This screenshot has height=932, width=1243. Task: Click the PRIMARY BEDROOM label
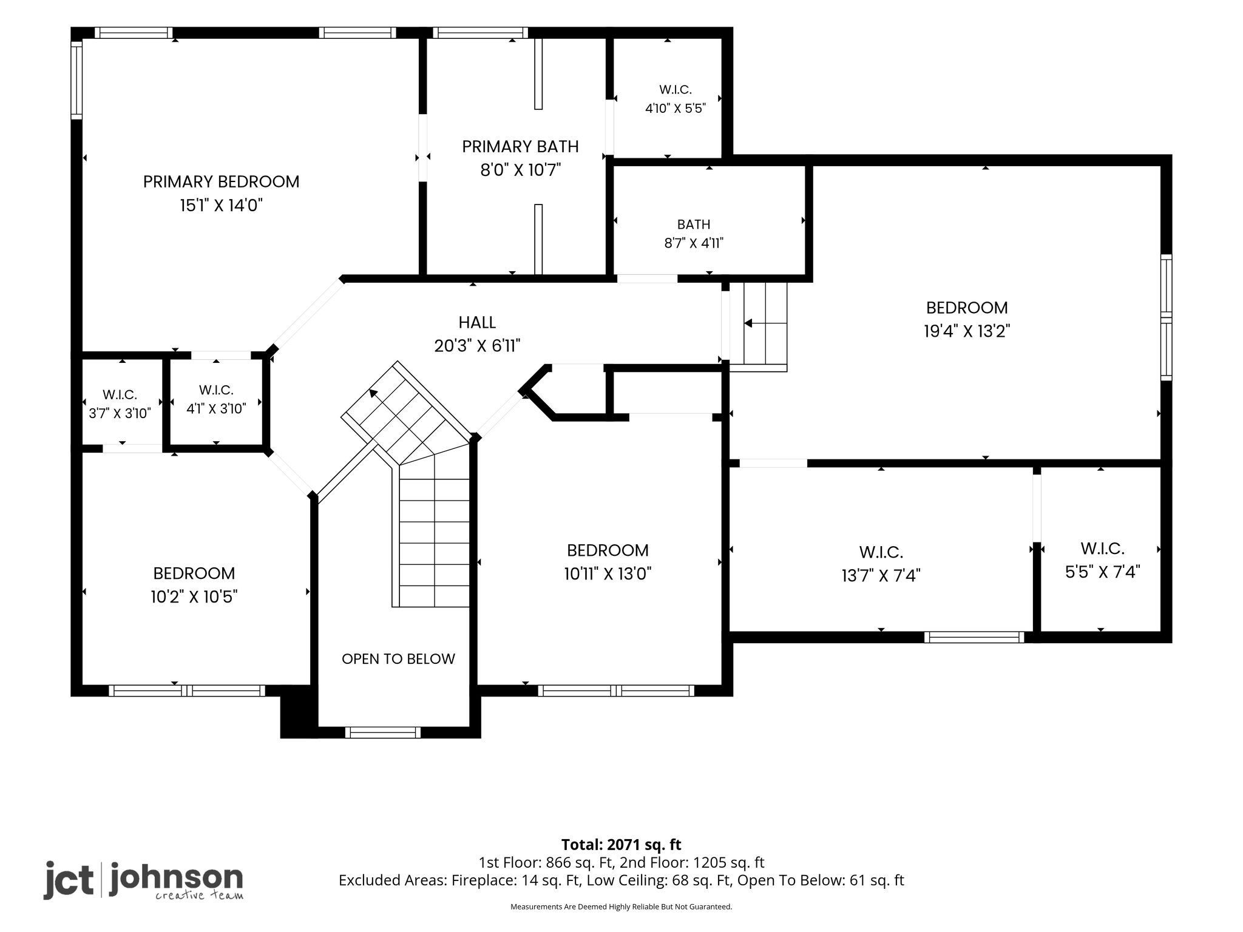click(221, 181)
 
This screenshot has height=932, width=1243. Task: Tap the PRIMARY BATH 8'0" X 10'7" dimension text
click(520, 169)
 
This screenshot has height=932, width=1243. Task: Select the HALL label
click(477, 322)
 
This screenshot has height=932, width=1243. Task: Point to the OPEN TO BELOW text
click(398, 659)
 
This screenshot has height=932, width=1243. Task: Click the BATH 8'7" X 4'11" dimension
click(694, 243)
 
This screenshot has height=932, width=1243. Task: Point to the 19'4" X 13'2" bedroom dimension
click(967, 331)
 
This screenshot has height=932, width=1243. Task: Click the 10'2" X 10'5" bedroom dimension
click(194, 597)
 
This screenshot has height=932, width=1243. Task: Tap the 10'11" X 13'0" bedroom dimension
click(608, 574)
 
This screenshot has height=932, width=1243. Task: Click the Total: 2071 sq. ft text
click(621, 845)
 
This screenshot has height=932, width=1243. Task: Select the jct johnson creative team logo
click(143, 880)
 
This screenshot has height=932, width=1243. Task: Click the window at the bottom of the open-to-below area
click(383, 732)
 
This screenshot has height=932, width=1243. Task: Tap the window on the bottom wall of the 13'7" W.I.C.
click(974, 637)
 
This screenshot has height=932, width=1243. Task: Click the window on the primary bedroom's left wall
click(76, 79)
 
